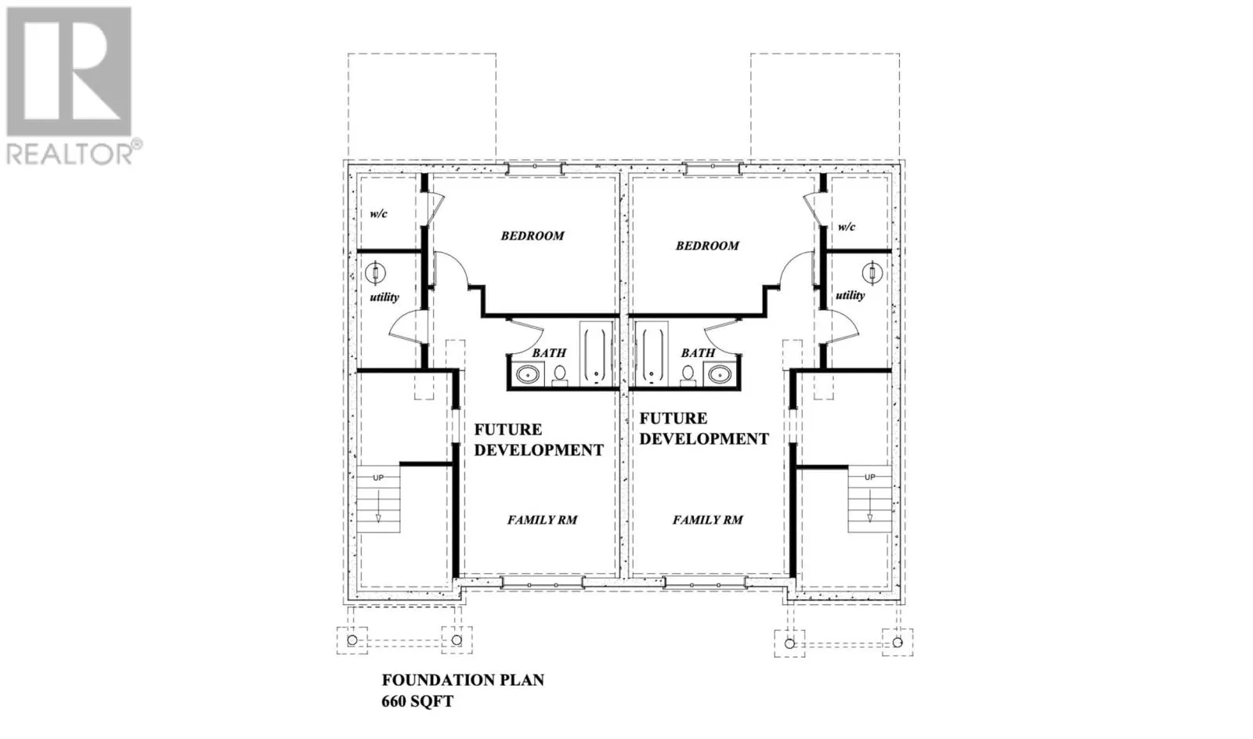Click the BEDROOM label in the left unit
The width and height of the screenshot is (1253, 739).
[533, 236]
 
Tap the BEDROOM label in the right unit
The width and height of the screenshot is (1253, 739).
[707, 246]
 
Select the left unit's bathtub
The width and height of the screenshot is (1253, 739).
[594, 354]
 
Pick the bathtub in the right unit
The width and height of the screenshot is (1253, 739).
[652, 354]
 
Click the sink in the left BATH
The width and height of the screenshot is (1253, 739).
[528, 376]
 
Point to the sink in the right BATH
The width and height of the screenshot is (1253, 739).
[719, 376]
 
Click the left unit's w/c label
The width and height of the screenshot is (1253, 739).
[379, 214]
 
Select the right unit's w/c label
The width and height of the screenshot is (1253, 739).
[847, 227]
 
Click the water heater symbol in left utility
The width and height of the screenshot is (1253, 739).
[376, 272]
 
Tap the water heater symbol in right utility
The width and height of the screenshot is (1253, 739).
[872, 273]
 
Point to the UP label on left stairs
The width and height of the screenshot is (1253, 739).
[378, 478]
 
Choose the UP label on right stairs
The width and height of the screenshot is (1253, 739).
[869, 477]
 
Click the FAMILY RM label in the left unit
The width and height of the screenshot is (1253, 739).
[542, 520]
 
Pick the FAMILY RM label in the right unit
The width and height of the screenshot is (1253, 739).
[708, 520]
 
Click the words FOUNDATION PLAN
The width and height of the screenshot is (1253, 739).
[463, 680]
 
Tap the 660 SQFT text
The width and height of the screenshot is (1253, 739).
[417, 701]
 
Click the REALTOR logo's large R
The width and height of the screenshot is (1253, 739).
[69, 72]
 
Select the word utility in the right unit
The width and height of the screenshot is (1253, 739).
[850, 296]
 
